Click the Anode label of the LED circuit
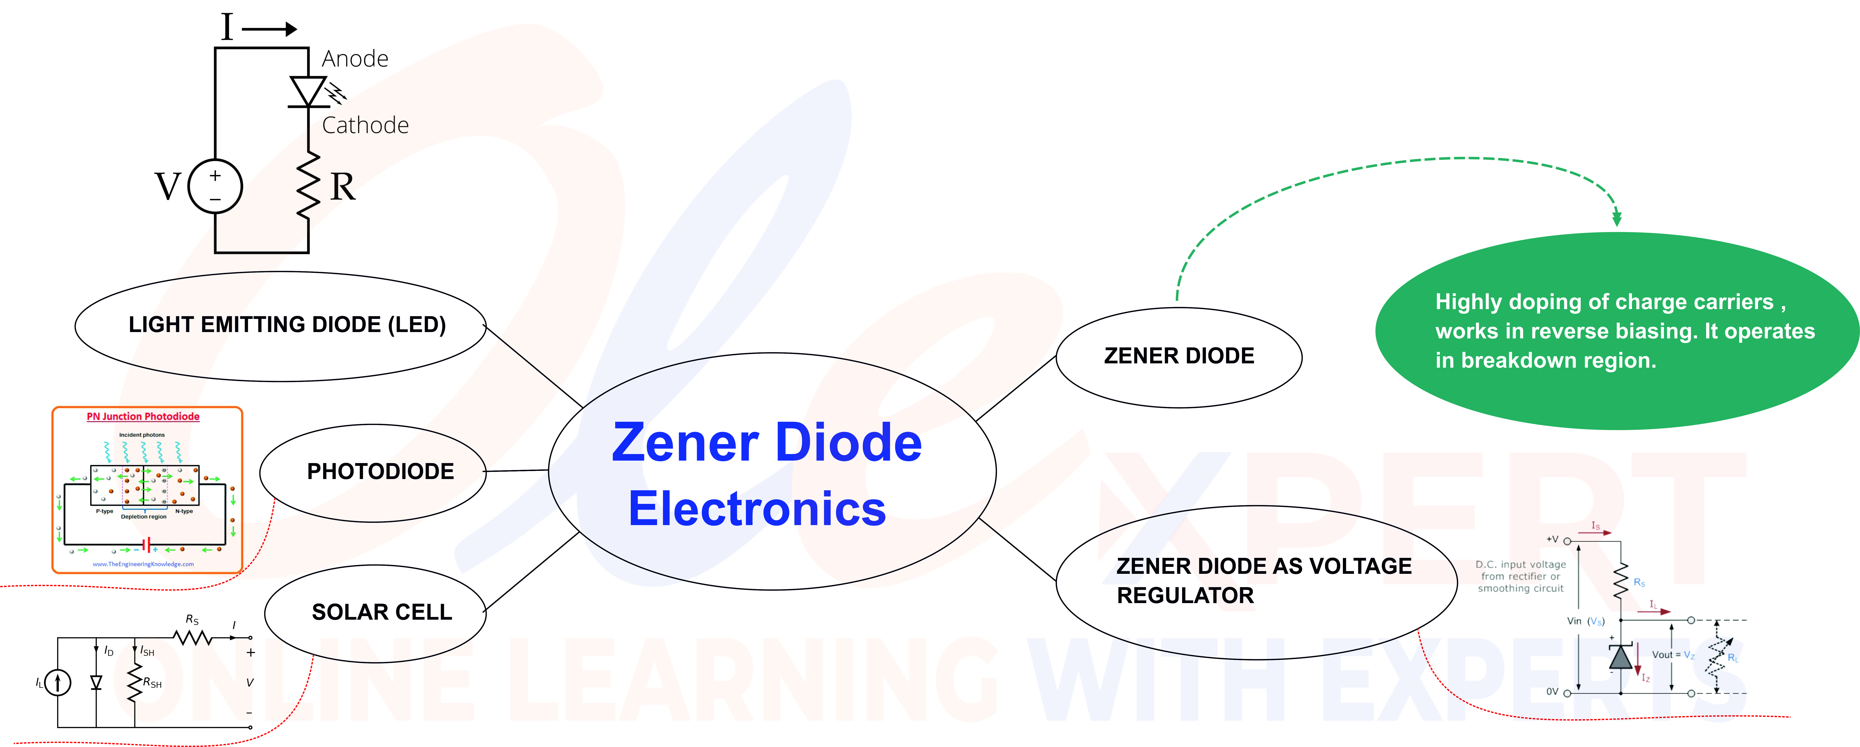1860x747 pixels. [x=355, y=59]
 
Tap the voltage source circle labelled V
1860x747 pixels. [x=215, y=186]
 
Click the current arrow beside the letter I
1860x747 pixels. [x=269, y=29]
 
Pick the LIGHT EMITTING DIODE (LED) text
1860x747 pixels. [x=287, y=325]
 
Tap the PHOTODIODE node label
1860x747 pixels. [x=381, y=471]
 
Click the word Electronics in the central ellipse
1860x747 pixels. [x=757, y=509]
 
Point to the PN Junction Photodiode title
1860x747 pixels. [x=143, y=416]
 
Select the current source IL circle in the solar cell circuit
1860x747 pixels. [x=58, y=682]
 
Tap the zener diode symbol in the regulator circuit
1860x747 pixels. [x=1621, y=657]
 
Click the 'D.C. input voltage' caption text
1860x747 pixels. [x=1521, y=564]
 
